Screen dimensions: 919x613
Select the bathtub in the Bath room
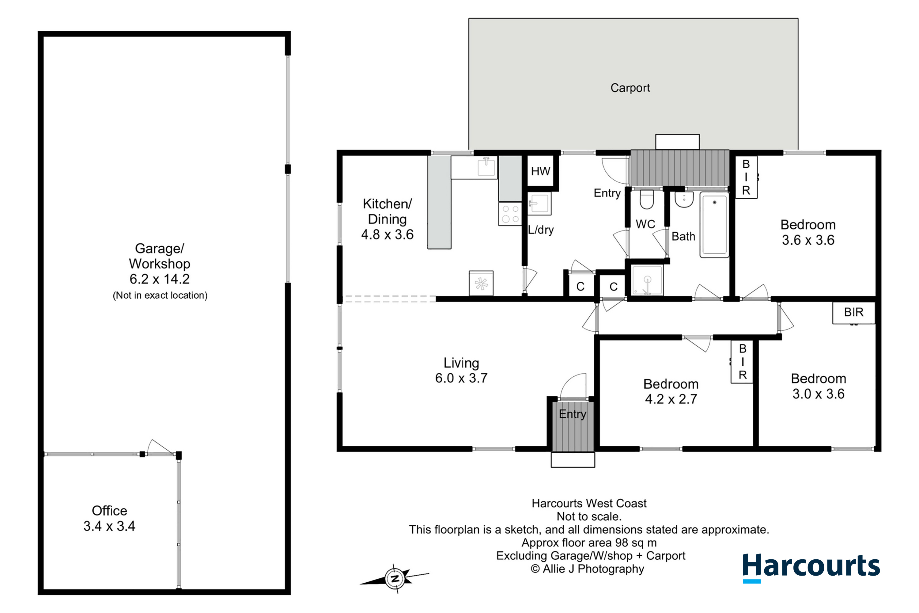[714, 225]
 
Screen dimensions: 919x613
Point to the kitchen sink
[486, 167]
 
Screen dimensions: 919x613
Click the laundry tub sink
[539, 203]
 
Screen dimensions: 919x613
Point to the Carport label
[630, 88]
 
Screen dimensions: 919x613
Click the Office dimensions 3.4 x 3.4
[109, 526]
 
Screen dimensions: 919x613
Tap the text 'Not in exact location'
[160, 295]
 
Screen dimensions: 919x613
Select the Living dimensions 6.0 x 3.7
[461, 378]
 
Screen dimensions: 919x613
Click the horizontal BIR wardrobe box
[854, 312]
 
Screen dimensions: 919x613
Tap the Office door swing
[160, 447]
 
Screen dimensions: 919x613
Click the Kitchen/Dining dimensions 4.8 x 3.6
[387, 234]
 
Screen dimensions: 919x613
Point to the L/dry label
[541, 230]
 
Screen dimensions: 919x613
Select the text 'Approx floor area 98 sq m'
[589, 543]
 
